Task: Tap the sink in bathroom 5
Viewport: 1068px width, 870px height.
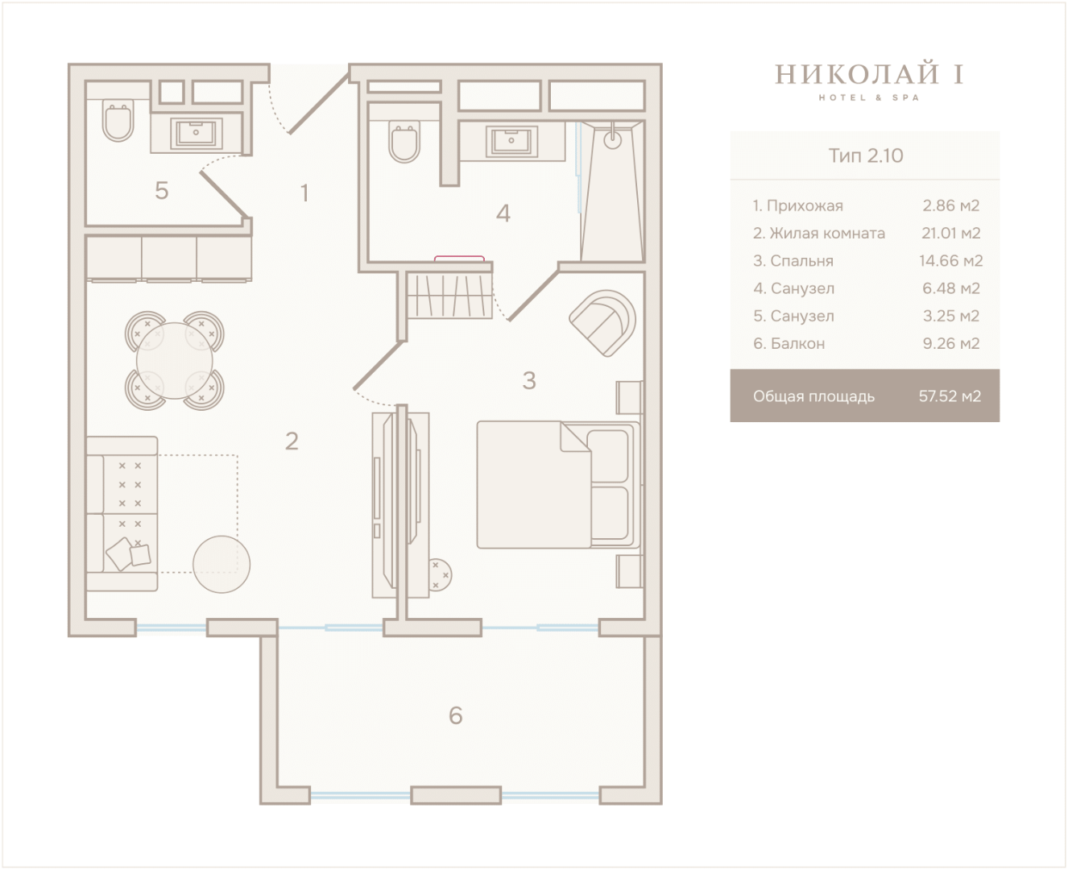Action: tap(196, 134)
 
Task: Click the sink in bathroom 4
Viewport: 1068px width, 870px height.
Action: tap(511, 141)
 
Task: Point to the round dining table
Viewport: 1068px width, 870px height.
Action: tap(175, 361)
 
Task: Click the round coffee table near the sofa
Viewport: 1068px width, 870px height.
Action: tap(221, 564)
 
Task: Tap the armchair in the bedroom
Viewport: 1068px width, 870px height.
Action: tap(602, 323)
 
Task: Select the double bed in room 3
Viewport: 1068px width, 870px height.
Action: tap(559, 484)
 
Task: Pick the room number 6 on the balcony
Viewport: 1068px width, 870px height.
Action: tap(455, 715)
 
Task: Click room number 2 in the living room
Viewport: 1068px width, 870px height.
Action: tap(292, 441)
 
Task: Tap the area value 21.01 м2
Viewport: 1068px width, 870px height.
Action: tap(950, 233)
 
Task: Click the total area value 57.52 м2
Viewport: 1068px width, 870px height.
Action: tap(950, 396)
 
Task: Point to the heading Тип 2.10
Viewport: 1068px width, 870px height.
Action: tap(865, 155)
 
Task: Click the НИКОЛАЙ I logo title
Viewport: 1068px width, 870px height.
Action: tap(869, 74)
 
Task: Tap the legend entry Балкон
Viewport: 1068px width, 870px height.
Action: tap(789, 343)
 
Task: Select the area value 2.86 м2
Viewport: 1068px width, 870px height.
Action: tap(950, 205)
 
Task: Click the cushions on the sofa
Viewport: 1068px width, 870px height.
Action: tap(128, 553)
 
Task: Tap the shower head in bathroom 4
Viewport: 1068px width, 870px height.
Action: tap(612, 139)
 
